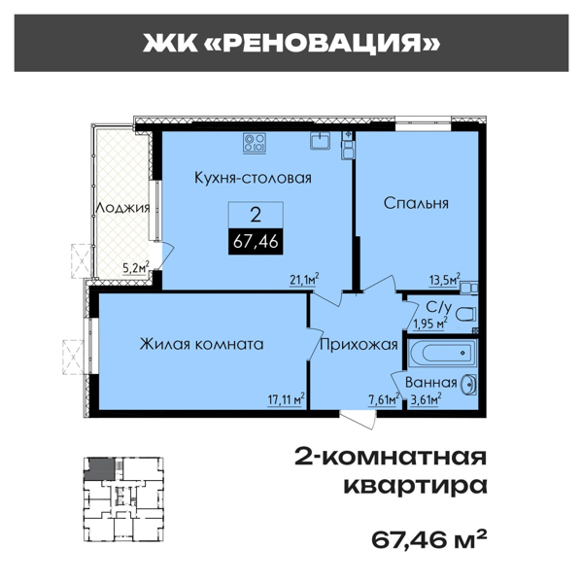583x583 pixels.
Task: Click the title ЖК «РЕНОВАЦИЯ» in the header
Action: point(291,43)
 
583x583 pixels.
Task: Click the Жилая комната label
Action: point(202,344)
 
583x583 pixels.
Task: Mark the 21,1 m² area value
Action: point(305,279)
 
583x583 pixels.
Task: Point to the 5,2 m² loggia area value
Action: point(135,267)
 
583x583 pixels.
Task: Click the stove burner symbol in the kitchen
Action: point(255,144)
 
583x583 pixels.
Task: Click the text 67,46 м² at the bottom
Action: point(429,537)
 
